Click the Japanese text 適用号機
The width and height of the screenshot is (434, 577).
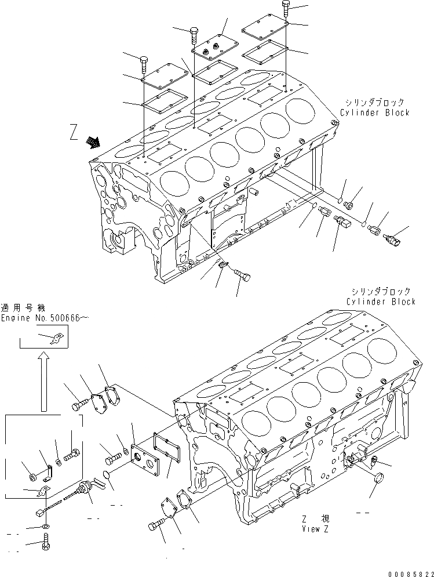23,308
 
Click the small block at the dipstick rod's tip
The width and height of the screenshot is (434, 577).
40,512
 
